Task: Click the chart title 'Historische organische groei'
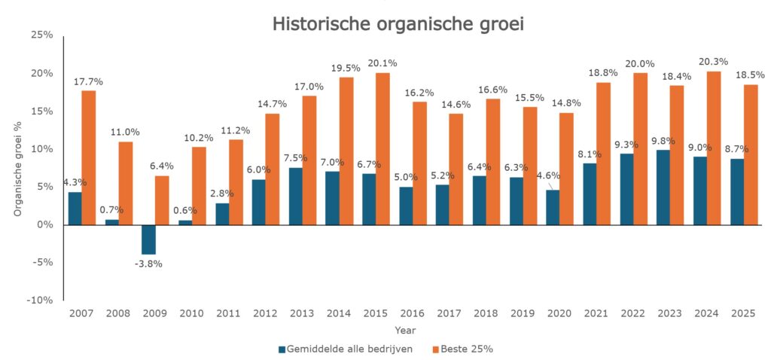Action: click(398, 23)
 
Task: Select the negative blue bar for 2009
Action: click(148, 239)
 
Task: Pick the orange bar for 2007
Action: click(89, 157)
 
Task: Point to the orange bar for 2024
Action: click(714, 148)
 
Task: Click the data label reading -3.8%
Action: click(148, 264)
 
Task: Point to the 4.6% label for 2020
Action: click(547, 176)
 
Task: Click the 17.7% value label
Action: click(88, 81)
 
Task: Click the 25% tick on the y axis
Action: click(41, 35)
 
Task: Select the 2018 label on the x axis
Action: click(487, 313)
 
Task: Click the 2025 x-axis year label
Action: click(744, 313)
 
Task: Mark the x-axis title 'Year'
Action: click(404, 330)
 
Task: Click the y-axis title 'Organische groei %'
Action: click(18, 167)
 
